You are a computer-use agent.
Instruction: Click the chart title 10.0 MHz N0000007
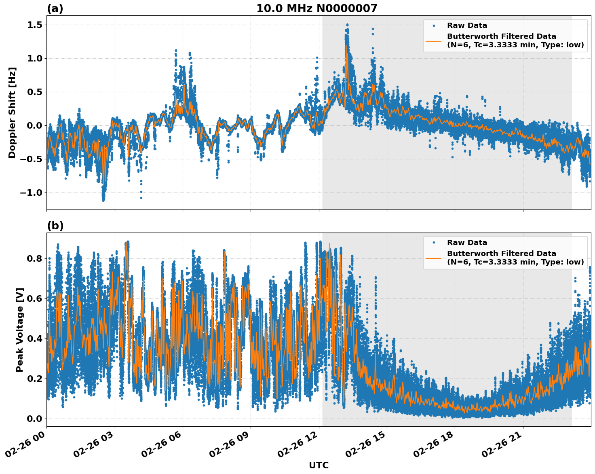[316, 8]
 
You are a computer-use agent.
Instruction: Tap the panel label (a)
[55, 8]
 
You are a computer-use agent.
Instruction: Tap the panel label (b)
[55, 226]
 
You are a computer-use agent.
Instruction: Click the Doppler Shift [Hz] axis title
[12, 112]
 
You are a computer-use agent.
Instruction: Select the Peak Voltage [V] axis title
[20, 330]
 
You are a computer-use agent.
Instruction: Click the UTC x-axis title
[319, 465]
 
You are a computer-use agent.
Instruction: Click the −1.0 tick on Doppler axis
[31, 193]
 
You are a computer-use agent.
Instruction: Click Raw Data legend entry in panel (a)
[467, 25]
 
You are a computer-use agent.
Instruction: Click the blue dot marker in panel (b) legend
[434, 243]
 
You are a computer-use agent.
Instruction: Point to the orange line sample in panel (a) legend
[434, 40]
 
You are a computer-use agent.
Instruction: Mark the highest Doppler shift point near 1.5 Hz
[347, 25]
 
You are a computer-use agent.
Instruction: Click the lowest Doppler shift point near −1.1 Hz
[103, 200]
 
